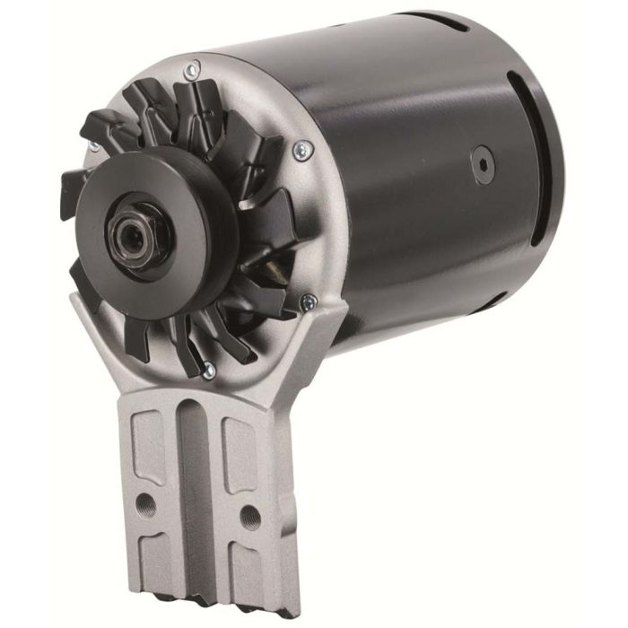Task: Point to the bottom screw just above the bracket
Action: tap(208, 367)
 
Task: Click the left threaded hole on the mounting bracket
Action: tap(144, 505)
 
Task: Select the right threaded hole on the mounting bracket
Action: tap(251, 516)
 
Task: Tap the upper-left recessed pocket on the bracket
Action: tap(149, 444)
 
